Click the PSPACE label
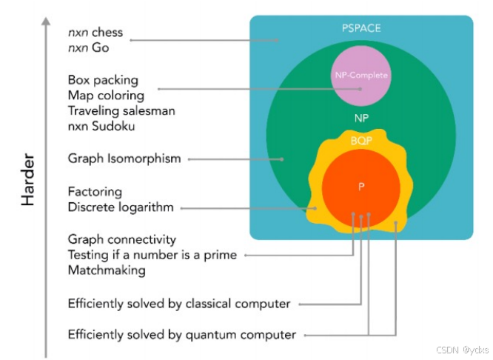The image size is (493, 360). click(361, 28)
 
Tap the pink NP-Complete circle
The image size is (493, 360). click(361, 74)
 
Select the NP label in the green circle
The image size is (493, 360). click(361, 118)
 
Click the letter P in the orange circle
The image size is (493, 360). click(361, 187)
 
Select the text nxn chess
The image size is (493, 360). click(95, 33)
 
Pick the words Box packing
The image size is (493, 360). click(103, 80)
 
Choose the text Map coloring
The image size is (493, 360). click(106, 95)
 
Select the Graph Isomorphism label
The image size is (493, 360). click(124, 159)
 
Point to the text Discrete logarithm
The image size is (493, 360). click(121, 207)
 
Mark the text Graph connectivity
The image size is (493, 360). click(122, 240)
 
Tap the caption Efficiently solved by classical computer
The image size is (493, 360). click(179, 304)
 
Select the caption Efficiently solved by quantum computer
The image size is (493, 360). click(182, 334)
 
